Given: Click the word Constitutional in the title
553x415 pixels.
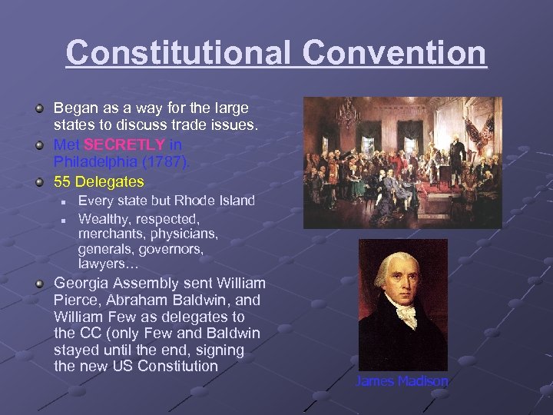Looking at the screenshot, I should click(x=179, y=53).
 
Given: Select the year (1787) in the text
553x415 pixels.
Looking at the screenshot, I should click(x=167, y=162).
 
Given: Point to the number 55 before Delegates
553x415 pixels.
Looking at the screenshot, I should click(x=62, y=181).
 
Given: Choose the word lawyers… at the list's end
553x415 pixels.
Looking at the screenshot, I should click(x=108, y=263).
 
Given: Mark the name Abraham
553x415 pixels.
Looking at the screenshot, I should click(x=143, y=300).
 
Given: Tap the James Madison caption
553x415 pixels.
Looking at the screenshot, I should click(x=402, y=381).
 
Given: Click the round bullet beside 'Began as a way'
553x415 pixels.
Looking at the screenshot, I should click(x=39, y=109).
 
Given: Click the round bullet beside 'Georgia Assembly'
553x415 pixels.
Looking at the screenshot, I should click(x=39, y=283).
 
